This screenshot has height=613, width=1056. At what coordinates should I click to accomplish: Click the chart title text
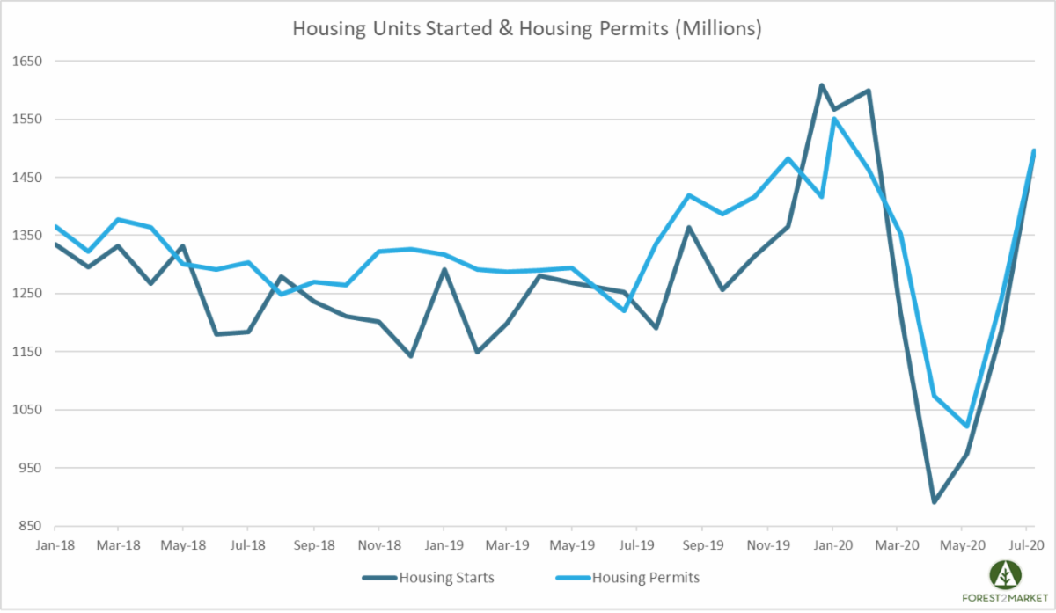point(526,29)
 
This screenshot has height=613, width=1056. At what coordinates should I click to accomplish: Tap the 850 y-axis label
point(32,526)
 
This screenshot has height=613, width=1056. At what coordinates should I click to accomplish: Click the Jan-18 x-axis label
point(55,544)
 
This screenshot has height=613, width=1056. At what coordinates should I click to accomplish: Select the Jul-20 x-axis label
point(1027,544)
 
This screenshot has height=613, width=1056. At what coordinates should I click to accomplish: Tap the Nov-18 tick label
point(378,544)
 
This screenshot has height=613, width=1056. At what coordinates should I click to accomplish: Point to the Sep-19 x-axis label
point(702,544)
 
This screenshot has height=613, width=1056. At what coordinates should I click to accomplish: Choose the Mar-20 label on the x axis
point(897,544)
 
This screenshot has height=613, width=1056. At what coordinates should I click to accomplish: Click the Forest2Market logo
point(1005,581)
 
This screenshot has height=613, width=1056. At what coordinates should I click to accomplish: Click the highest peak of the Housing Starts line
point(821,85)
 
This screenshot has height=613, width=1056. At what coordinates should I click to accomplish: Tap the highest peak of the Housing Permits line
point(833,119)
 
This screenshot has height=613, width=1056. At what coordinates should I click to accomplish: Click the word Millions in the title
point(718,29)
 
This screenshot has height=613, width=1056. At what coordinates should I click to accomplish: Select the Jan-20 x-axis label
point(832,544)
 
